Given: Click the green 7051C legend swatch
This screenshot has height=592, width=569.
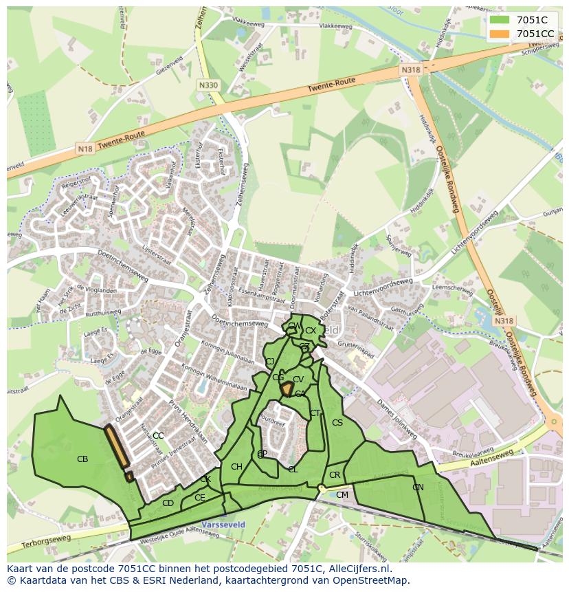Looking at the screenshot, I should (500, 20).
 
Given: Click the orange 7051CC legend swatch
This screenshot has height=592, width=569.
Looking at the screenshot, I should (500, 34).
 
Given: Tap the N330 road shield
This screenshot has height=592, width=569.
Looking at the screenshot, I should (208, 85).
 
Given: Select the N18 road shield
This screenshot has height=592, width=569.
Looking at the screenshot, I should (85, 149).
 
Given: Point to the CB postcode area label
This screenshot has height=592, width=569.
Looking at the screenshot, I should (82, 459).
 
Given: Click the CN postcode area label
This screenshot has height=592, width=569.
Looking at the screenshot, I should (418, 487).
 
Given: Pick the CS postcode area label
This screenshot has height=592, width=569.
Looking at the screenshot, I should (337, 422).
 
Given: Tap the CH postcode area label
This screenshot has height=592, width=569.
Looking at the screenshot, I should (236, 467).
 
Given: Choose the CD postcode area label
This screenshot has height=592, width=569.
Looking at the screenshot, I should (168, 503).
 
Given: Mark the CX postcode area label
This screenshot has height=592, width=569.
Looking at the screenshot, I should (311, 331).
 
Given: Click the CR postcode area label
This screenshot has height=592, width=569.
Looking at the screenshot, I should (335, 475).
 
